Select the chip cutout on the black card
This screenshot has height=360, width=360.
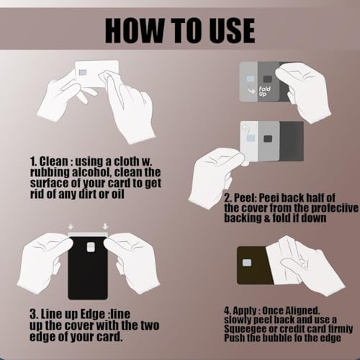pyautogui.click(x=91, y=248)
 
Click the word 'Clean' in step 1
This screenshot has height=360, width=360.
pyautogui.click(x=58, y=161)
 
